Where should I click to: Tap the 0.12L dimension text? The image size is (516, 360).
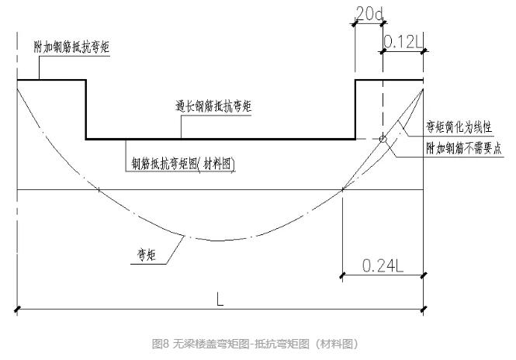[403, 43]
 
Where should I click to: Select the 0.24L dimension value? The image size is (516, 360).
[382, 265]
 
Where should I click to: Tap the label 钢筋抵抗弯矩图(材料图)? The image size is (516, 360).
[183, 164]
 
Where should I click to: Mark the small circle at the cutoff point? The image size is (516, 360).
[382, 139]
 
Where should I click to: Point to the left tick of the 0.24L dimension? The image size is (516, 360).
[342, 274]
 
